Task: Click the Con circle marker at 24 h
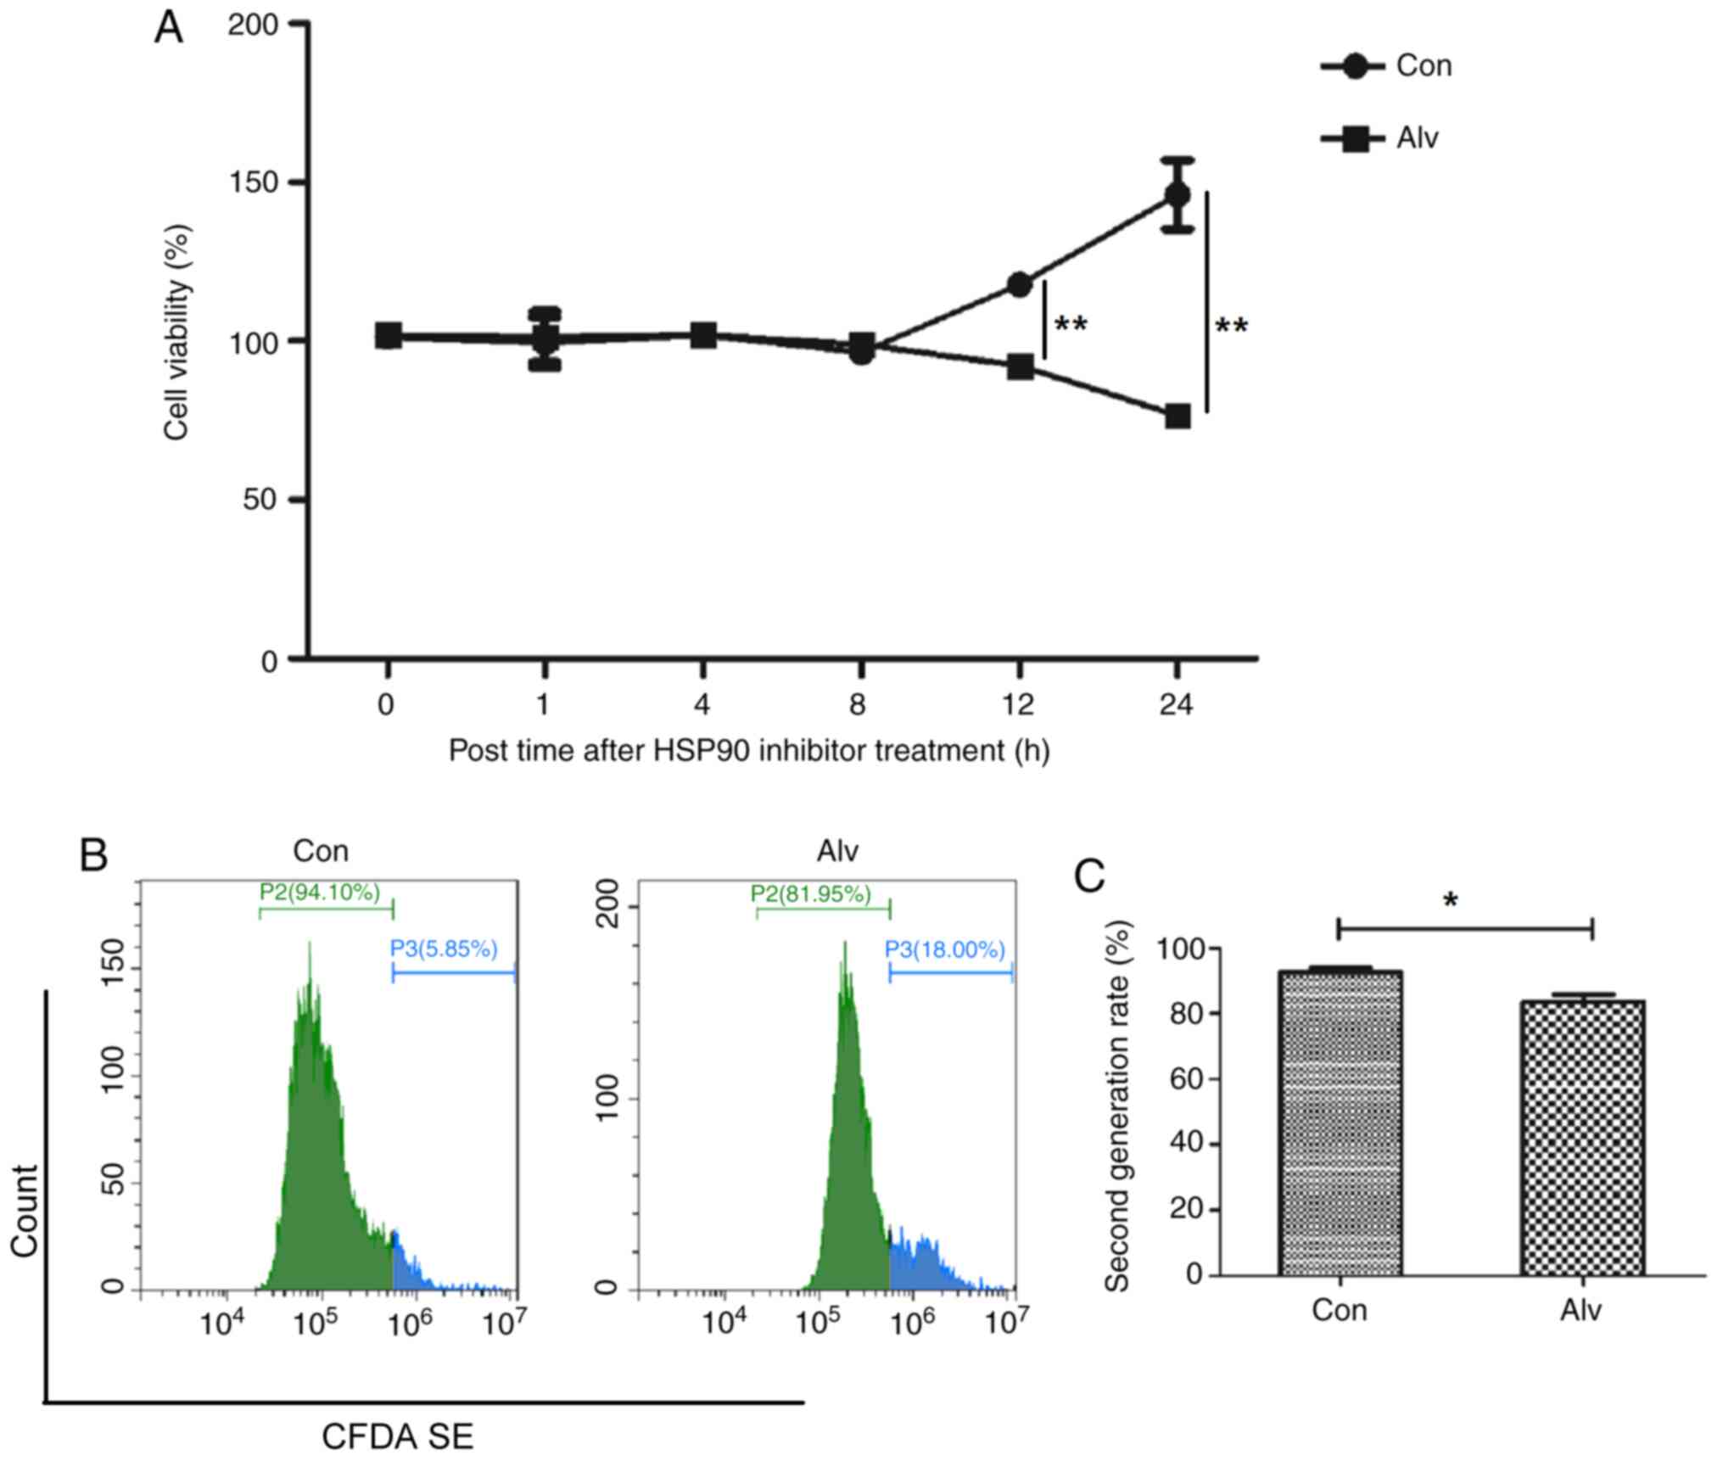(x=1177, y=195)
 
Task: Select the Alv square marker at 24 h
(x=1178, y=417)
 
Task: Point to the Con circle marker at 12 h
(x=1020, y=284)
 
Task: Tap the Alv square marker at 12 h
(x=1020, y=367)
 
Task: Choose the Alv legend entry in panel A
(x=1380, y=137)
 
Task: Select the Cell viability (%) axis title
(x=177, y=332)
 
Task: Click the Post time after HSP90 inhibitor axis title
(x=748, y=751)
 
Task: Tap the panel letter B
(x=93, y=855)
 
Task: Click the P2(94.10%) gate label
(x=320, y=892)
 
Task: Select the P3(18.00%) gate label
(x=945, y=949)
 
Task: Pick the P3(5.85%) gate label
(x=444, y=949)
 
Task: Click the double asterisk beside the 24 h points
(x=1232, y=327)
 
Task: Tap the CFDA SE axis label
(x=397, y=1436)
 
